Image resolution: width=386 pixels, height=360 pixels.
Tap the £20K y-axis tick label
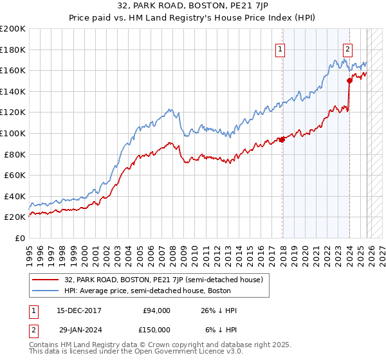[x=15, y=217]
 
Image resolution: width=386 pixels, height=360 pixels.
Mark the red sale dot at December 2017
[x=282, y=139]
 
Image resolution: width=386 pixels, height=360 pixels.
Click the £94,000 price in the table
[x=156, y=310]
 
